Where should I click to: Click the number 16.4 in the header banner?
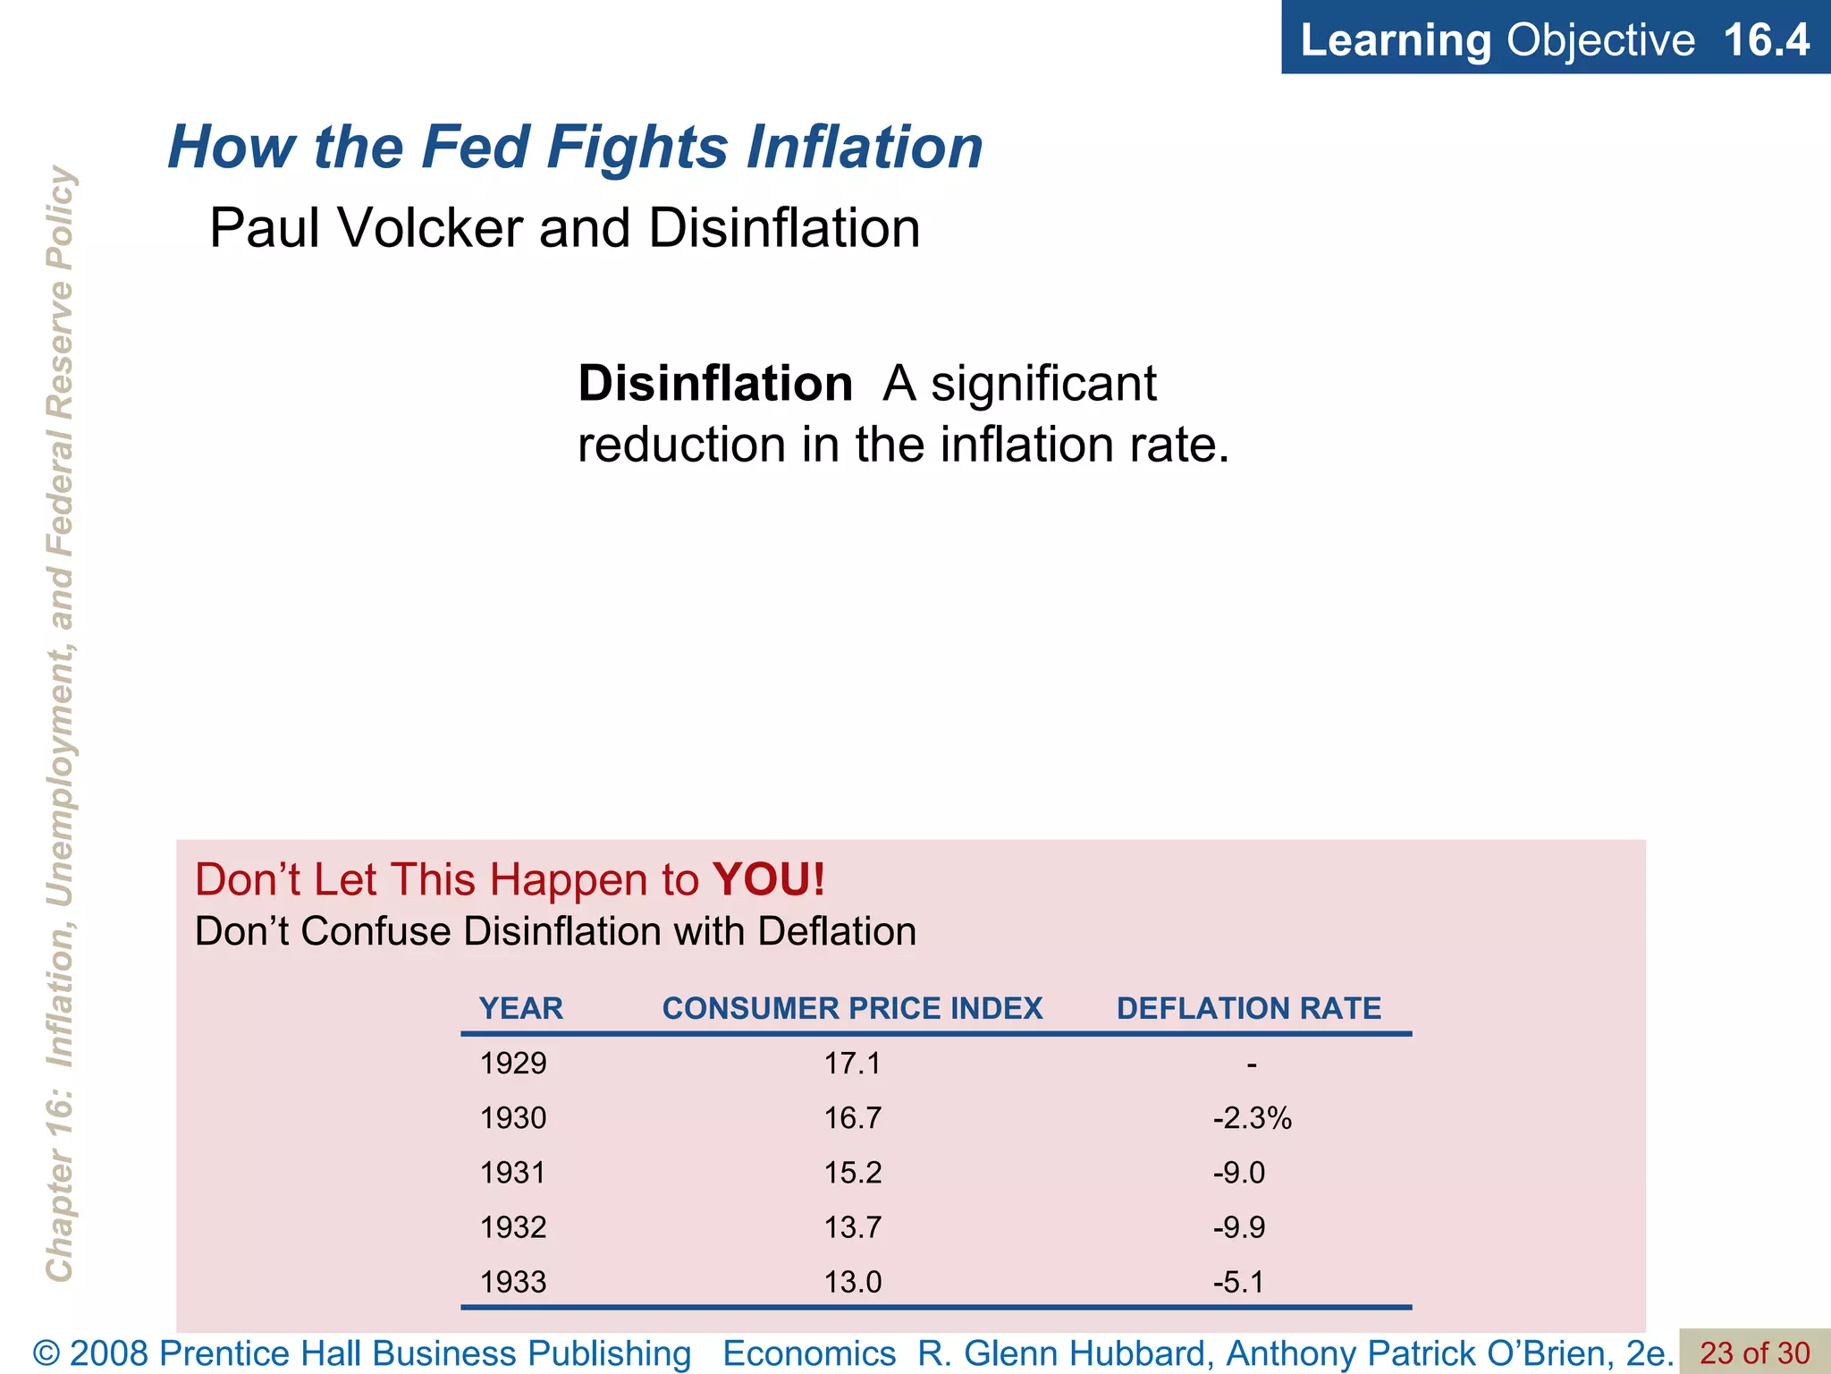tap(1766, 40)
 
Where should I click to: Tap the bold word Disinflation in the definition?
tap(715, 384)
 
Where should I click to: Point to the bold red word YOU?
tap(769, 879)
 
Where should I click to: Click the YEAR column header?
tap(521, 1009)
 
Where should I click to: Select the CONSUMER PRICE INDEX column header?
tap(852, 1009)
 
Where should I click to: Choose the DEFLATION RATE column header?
tap(1248, 1009)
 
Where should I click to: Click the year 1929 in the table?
tap(513, 1064)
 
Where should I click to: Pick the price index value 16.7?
tap(852, 1118)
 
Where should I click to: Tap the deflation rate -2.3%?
tap(1252, 1118)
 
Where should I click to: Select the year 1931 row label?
tap(513, 1173)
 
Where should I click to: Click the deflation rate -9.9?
tap(1239, 1227)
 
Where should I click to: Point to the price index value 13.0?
tap(852, 1282)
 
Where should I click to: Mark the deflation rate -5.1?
tap(1239, 1282)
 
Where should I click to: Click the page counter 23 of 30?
tap(1754, 1353)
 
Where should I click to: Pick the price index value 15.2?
tap(852, 1173)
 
